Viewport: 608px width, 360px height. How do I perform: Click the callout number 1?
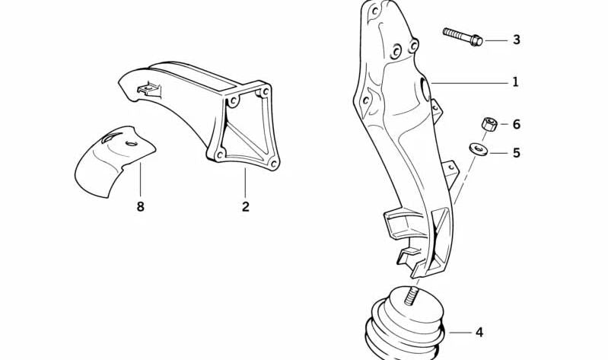(x=515, y=81)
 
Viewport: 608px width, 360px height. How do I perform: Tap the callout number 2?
(x=245, y=205)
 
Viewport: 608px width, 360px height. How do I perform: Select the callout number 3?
(x=516, y=39)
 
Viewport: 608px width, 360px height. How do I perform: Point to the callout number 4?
(x=479, y=333)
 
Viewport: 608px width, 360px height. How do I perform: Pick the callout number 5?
(x=516, y=153)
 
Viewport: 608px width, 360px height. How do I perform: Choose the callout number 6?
(x=516, y=123)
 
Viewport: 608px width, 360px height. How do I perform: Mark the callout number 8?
(x=140, y=205)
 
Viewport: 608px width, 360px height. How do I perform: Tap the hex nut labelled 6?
(x=490, y=123)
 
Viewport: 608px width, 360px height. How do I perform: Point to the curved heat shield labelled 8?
(x=114, y=160)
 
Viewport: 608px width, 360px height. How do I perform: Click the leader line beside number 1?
(x=468, y=81)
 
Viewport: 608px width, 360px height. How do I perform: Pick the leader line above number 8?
(x=140, y=179)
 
